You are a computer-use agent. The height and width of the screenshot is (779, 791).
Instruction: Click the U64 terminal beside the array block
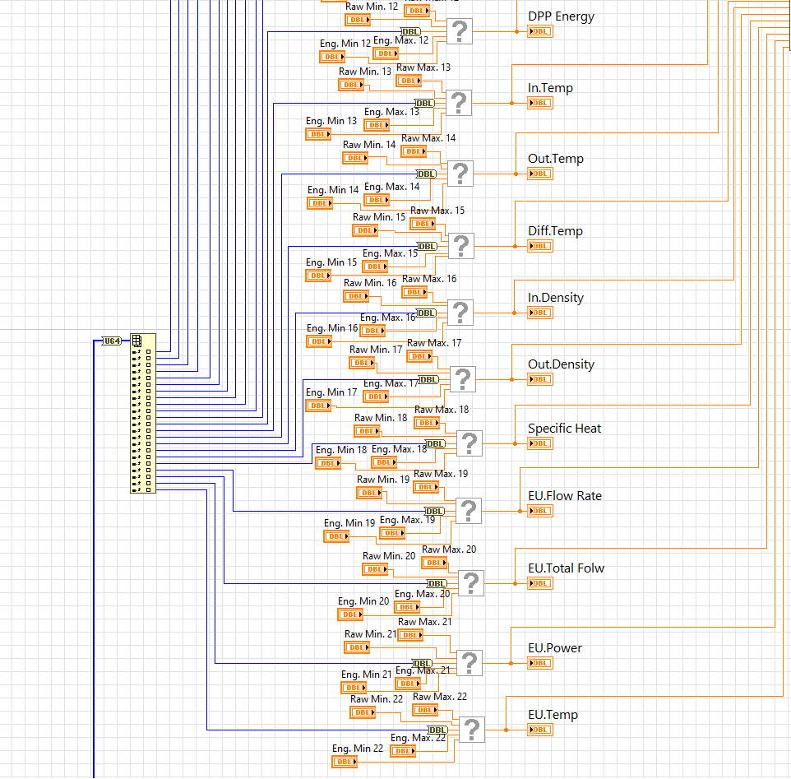(111, 341)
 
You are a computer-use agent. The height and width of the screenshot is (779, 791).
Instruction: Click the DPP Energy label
(561, 16)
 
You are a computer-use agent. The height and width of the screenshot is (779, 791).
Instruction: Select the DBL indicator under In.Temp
(540, 103)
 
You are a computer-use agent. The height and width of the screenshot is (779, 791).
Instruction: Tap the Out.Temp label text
(555, 159)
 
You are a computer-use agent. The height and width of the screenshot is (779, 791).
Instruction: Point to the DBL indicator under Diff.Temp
(540, 246)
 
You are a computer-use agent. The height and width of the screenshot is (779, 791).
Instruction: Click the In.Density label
(555, 298)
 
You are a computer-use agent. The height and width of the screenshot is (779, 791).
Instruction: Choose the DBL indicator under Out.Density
(540, 379)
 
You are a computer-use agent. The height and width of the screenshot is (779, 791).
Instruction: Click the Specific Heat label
(564, 429)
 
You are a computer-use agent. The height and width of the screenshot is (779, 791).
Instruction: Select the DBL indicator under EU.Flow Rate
(540, 511)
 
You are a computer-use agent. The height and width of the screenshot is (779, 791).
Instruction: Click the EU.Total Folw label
(566, 568)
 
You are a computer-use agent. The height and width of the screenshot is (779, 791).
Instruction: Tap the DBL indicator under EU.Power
(540, 663)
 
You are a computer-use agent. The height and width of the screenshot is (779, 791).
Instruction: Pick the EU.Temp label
(553, 715)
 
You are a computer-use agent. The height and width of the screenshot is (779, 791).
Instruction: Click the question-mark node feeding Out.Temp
(460, 174)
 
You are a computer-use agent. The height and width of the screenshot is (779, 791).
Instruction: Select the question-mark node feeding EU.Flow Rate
(469, 511)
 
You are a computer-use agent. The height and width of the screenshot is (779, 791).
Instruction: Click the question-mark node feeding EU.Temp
(472, 730)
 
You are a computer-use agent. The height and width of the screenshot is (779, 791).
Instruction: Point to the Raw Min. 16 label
(370, 283)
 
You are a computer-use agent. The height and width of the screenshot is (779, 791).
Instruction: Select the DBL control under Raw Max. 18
(427, 423)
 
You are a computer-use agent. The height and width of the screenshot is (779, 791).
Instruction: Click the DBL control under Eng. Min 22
(345, 762)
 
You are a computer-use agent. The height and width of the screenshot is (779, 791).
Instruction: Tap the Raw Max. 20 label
(449, 549)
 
